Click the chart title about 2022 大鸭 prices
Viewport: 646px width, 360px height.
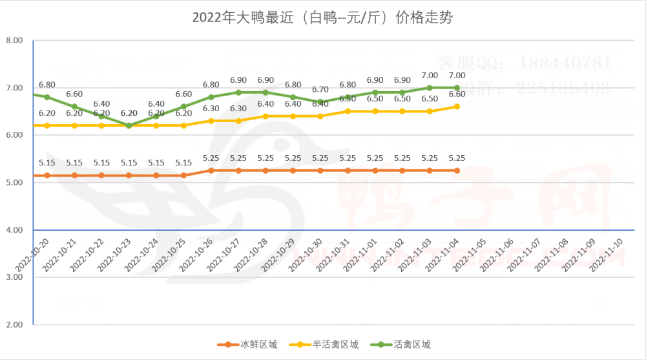(322, 17)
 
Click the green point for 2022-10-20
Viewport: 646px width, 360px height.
(47, 97)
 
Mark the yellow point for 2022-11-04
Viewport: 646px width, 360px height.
(457, 107)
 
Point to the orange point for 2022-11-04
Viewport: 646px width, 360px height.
(457, 171)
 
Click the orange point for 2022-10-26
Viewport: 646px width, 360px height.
(211, 171)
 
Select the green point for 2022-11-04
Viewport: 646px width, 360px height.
(457, 88)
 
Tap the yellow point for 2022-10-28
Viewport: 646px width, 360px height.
(266, 116)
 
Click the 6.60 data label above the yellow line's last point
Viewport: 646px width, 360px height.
(457, 94)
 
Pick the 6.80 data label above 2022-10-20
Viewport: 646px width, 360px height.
(47, 84)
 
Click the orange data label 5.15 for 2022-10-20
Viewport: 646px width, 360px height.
(47, 163)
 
